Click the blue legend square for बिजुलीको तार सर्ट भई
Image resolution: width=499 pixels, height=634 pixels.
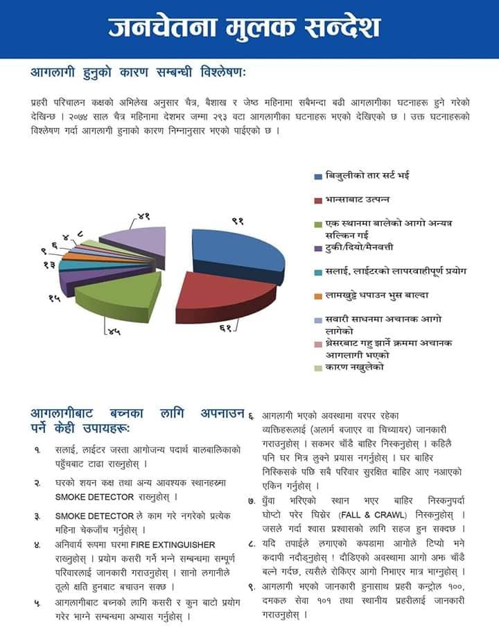318,175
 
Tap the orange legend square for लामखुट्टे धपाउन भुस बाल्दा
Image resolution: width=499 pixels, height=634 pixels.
318,296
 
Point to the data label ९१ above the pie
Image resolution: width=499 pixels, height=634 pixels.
238,221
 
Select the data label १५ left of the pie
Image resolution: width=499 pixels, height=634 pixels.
54,298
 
